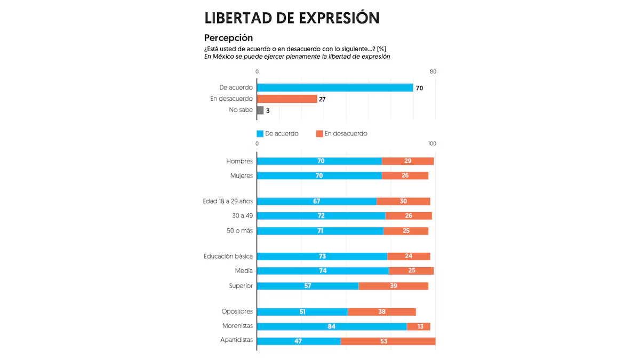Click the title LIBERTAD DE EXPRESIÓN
coord(292,18)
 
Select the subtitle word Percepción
coord(228,38)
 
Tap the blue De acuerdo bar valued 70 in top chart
coord(335,87)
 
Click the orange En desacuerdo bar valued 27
coord(287,99)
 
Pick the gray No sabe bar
coord(260,110)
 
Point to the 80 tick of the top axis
coord(433,72)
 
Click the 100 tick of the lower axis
coord(432,144)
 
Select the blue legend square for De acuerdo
coord(260,134)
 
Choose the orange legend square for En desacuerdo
coord(319,134)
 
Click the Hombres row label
coord(239,161)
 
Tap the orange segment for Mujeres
coord(405,175)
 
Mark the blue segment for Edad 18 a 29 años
coord(317,201)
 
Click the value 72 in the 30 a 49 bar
coord(321,216)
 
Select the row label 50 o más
coord(239,231)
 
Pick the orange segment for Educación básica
coord(409,256)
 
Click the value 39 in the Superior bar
coord(393,286)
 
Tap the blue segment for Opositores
coord(302,311)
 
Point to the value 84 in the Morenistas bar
coord(332,326)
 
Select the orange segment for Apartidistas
coord(388,341)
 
